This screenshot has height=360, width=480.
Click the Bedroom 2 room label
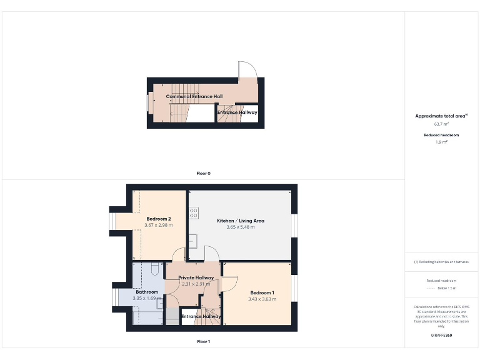tap(159, 219)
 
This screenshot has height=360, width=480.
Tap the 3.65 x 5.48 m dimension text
tap(241, 227)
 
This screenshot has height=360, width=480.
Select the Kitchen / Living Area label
tap(241, 221)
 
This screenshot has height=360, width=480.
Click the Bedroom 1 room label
tap(262, 292)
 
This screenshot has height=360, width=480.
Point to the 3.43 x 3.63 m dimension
tap(262, 299)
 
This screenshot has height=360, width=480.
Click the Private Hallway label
tap(196, 277)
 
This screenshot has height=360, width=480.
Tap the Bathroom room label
tap(147, 292)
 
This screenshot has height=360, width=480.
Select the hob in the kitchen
tap(194, 212)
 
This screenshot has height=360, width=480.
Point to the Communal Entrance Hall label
tap(194, 97)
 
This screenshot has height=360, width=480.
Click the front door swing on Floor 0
tap(246, 70)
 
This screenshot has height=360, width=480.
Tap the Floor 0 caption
tap(203, 173)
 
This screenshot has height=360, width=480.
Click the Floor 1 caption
tap(203, 341)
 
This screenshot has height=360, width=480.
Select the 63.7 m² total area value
tap(442, 124)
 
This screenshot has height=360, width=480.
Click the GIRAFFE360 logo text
tap(441, 336)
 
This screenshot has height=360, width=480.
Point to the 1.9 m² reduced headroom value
tap(442, 142)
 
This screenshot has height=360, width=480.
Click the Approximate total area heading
tap(441, 116)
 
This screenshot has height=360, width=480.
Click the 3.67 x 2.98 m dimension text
tap(159, 225)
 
